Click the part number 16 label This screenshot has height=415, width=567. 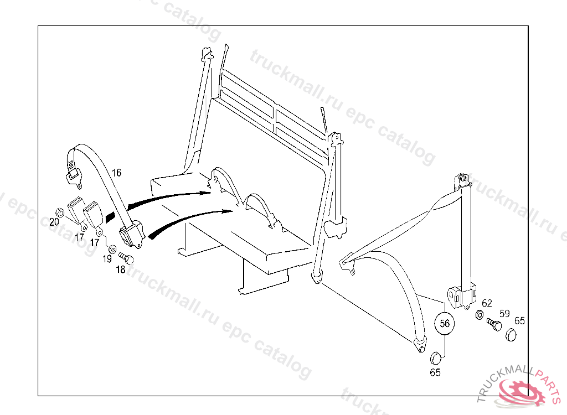pyautogui.click(x=116, y=173)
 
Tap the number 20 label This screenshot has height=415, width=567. pyautogui.click(x=54, y=222)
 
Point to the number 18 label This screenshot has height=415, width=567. pyautogui.click(x=121, y=269)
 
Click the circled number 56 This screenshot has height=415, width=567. pyautogui.click(x=445, y=324)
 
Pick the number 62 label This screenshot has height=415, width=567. pyautogui.click(x=487, y=303)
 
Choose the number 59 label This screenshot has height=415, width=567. pyautogui.click(x=504, y=313)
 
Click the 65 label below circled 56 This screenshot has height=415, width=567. pyautogui.click(x=435, y=372)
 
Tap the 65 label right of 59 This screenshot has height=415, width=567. pyautogui.click(x=520, y=320)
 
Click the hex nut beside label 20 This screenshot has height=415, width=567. pyautogui.click(x=58, y=211)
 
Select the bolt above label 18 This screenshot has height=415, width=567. pyautogui.click(x=126, y=257)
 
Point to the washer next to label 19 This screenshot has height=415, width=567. pyautogui.click(x=111, y=248)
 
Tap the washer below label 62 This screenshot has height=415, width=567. pyautogui.click(x=480, y=315)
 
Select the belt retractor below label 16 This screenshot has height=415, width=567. pyautogui.click(x=132, y=235)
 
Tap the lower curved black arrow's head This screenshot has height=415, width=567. pyautogui.click(x=228, y=211)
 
